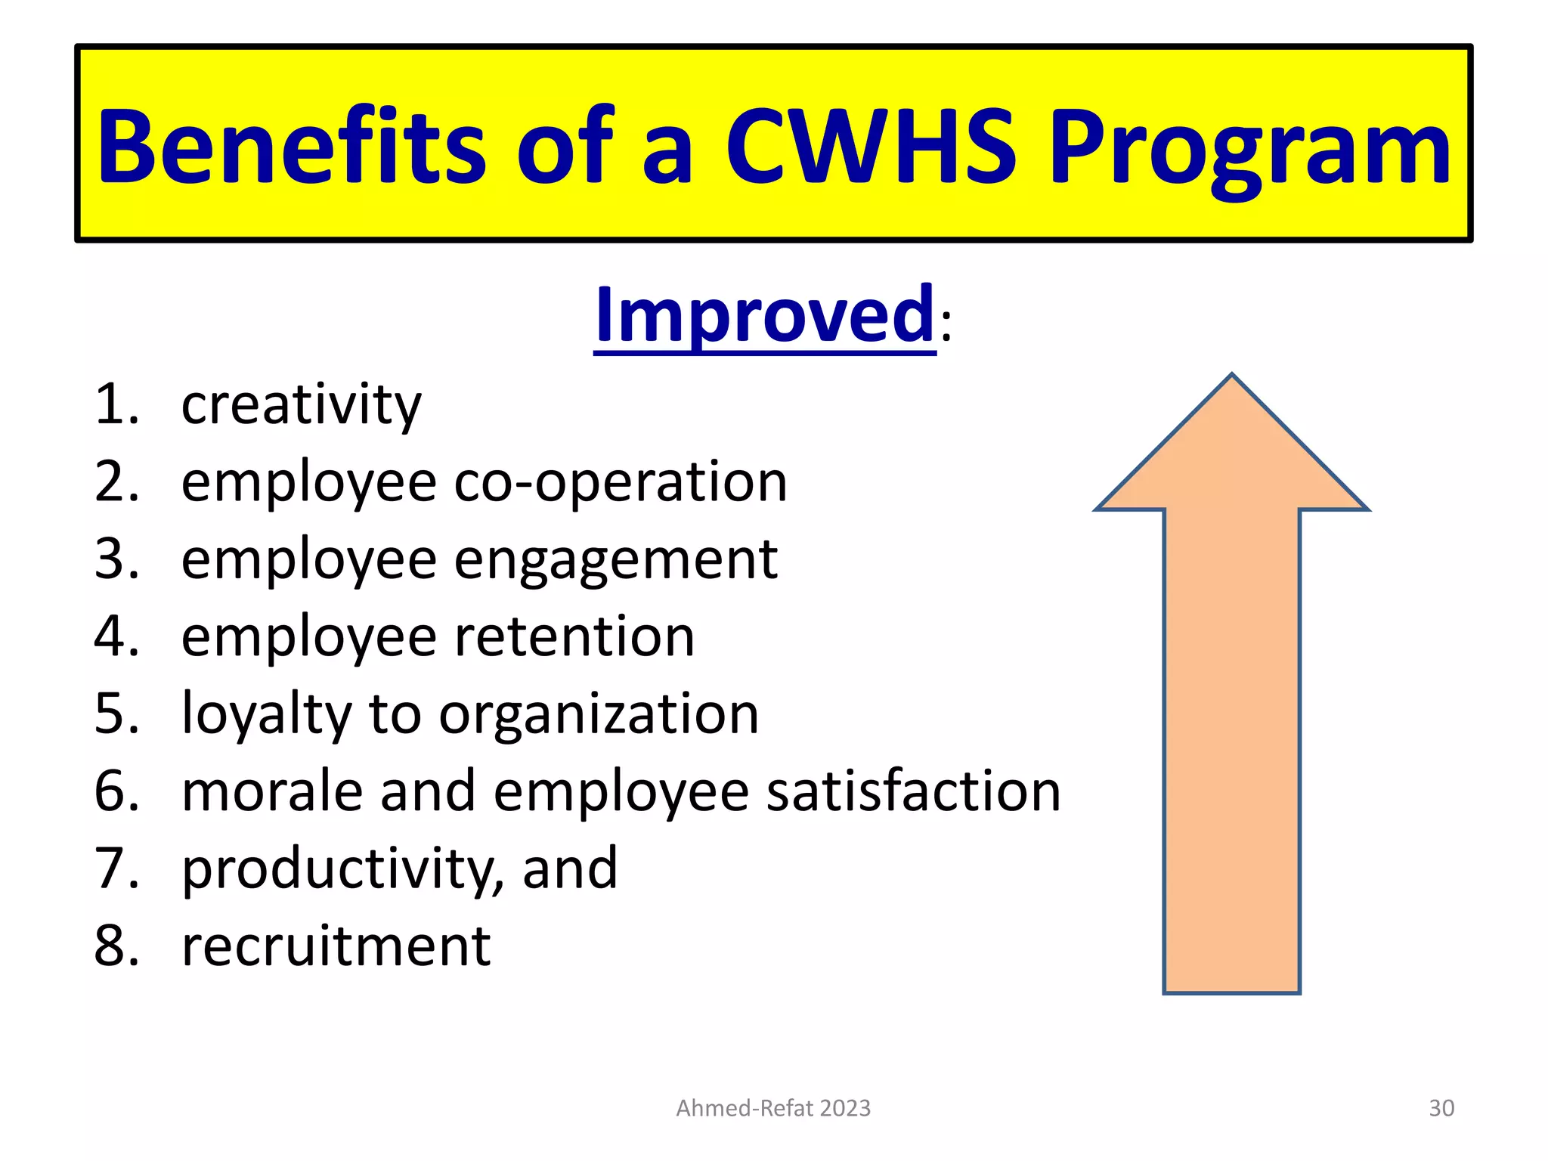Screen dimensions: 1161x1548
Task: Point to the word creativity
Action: (301, 406)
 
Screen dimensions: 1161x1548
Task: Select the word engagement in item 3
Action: (615, 561)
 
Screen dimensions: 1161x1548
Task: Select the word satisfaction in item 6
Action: (914, 791)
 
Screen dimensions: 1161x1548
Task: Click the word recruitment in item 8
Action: (336, 946)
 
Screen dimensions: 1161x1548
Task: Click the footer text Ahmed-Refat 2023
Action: (773, 1108)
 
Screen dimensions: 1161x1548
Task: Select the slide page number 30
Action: (1441, 1108)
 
